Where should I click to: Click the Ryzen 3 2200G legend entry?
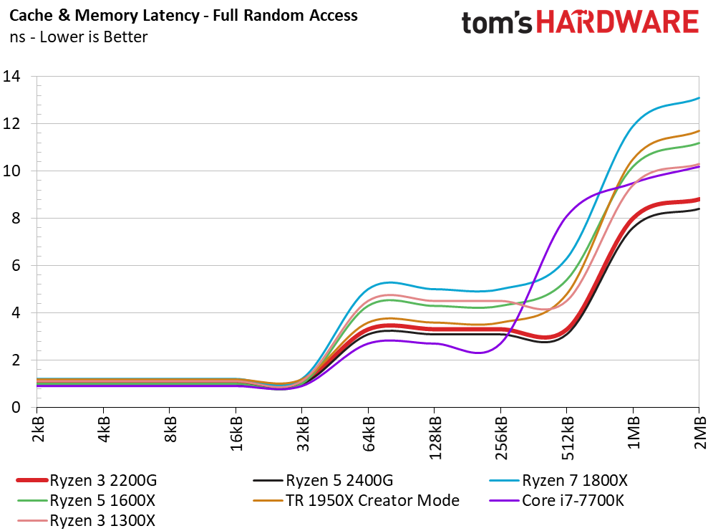pos(86,480)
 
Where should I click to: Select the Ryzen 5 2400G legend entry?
pos(323,480)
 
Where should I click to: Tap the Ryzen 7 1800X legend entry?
pos(558,480)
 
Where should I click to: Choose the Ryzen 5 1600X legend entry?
pos(86,500)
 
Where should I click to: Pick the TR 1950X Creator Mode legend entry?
pos(356,500)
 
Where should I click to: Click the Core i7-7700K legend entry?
pos(557,500)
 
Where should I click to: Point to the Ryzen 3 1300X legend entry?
pos(86,520)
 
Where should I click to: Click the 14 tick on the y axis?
pos(11,77)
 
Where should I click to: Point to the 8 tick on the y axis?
pos(16,219)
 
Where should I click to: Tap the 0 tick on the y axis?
pos(16,407)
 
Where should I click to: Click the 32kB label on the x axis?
pos(303,434)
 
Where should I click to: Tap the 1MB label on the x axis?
pos(634,433)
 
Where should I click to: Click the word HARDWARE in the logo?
pos(618,23)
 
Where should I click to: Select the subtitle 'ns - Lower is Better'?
pos(79,37)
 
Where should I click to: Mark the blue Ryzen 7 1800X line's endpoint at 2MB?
pos(699,97)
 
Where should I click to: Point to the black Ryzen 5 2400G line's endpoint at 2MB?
pos(699,209)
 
